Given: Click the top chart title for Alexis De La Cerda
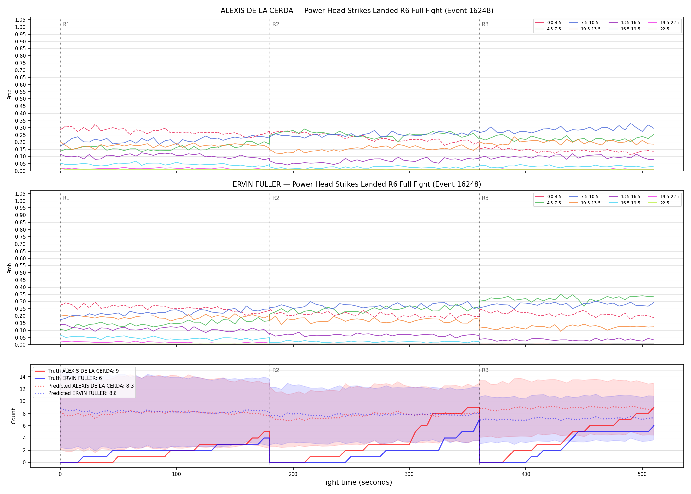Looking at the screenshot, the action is coord(357,11).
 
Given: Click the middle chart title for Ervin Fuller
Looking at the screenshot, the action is coord(357,184).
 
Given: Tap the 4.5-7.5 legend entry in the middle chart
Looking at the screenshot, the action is coord(548,203).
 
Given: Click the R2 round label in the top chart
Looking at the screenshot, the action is coord(276,24).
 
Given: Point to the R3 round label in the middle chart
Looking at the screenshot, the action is coord(485,198).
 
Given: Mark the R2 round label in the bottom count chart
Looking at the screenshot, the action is coord(276,370).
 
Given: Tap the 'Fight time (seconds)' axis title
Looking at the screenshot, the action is coord(357,482).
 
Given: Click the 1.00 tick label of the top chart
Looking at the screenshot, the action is coord(20,27).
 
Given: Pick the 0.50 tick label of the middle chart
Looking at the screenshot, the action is coord(20,273).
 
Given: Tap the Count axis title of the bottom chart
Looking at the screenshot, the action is coord(13,416).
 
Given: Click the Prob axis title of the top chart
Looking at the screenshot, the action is coord(10,95).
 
